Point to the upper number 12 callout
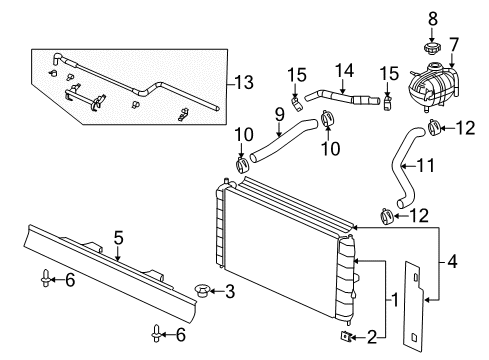[465, 126]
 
